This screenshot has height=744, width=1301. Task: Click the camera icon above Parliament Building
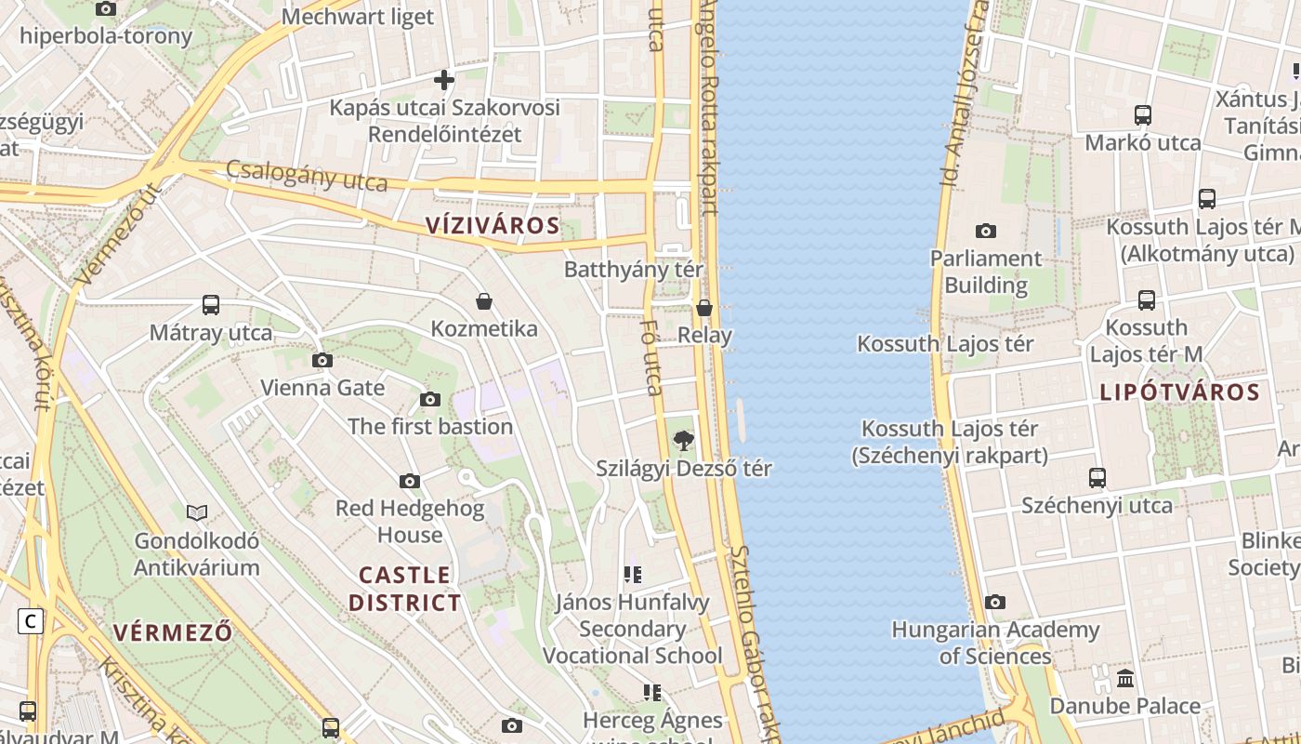tap(986, 231)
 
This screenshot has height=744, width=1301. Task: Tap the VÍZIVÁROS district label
tap(493, 225)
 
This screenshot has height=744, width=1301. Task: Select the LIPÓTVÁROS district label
tap(1179, 392)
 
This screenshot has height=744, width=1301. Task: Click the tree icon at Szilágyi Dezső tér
tap(683, 441)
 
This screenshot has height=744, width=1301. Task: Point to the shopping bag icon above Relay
tap(704, 308)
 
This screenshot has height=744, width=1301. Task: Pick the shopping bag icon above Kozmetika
tap(483, 301)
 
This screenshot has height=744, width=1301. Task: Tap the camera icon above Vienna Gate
tap(322, 360)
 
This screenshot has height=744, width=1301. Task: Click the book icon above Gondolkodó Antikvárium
tap(197, 512)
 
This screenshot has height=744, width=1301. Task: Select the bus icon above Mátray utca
tap(211, 305)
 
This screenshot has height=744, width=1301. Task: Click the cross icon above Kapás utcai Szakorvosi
tap(444, 80)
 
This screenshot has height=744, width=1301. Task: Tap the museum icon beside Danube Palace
tap(1125, 678)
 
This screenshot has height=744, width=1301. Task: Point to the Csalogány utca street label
tap(307, 176)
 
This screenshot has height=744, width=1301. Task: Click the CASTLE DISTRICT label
tap(404, 589)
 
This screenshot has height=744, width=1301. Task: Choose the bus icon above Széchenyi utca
tap(1097, 478)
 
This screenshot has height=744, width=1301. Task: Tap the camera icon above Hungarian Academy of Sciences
tap(995, 602)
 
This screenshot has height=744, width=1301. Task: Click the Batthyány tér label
tap(634, 270)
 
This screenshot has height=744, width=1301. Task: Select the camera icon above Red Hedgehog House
tap(410, 481)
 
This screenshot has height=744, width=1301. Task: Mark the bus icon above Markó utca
tap(1143, 115)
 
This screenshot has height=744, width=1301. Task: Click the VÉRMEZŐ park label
tap(173, 632)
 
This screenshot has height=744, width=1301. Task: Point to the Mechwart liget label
tap(358, 17)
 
